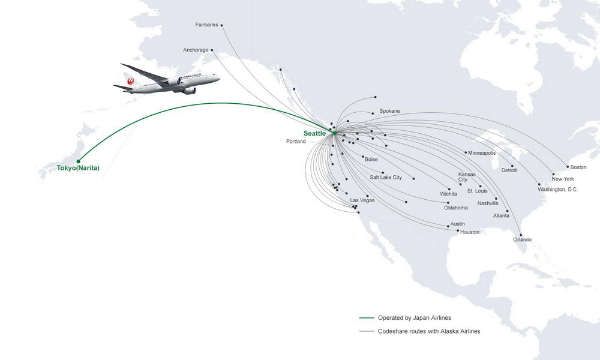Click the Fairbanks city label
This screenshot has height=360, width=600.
coord(206,25)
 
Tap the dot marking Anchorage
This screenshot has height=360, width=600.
coord(212,50)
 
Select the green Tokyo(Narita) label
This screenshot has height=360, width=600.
coord(78,168)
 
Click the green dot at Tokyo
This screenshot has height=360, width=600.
coord(79,161)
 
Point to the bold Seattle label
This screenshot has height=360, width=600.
coord(314,134)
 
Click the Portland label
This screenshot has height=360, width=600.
coord(296,142)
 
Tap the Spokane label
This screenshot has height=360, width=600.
coord(389,111)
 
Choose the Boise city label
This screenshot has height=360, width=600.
coord(371,160)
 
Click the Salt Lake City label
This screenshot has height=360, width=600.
coord(386,178)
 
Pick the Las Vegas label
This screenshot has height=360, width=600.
coord(362,200)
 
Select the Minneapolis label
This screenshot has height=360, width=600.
coord(482,153)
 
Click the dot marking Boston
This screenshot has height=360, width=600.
coord(568,167)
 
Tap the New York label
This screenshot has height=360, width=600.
coord(563,179)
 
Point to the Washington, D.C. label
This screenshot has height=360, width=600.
coord(557,190)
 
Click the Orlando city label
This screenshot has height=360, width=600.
coord(523,239)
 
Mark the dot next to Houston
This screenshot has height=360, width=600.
coord(458,230)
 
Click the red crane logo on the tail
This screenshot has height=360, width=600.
coord(130,81)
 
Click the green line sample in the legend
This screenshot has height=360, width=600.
coord(367,318)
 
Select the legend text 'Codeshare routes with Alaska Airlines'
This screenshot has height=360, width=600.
coord(429,331)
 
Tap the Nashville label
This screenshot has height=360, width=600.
coord(488,203)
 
